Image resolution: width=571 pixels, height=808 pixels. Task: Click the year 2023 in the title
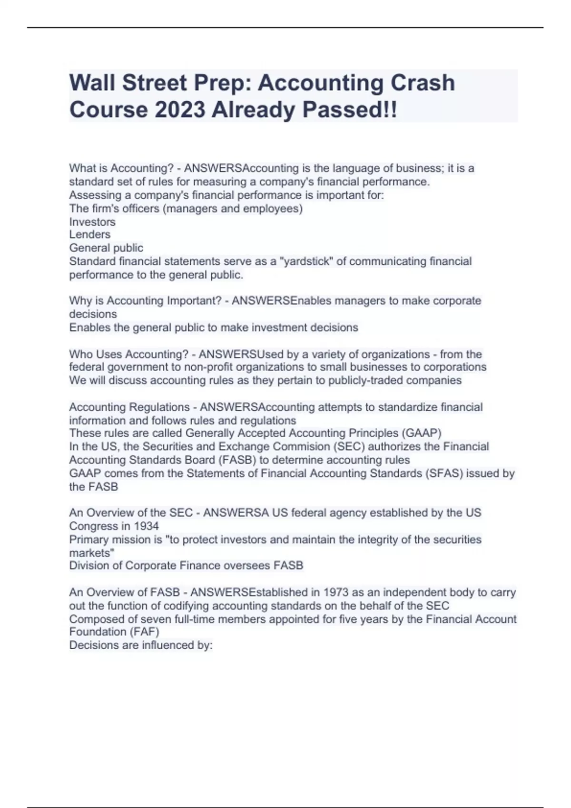(180, 110)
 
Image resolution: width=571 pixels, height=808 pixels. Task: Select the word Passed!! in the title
(349, 110)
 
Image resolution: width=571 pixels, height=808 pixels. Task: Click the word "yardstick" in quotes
(306, 261)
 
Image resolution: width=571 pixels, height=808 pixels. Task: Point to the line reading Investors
(92, 222)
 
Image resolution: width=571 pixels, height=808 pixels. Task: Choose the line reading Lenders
(90, 234)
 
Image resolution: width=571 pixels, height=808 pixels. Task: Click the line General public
(106, 248)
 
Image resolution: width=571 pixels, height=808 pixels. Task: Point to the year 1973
(339, 592)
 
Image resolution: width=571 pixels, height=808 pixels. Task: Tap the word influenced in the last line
(159, 645)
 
